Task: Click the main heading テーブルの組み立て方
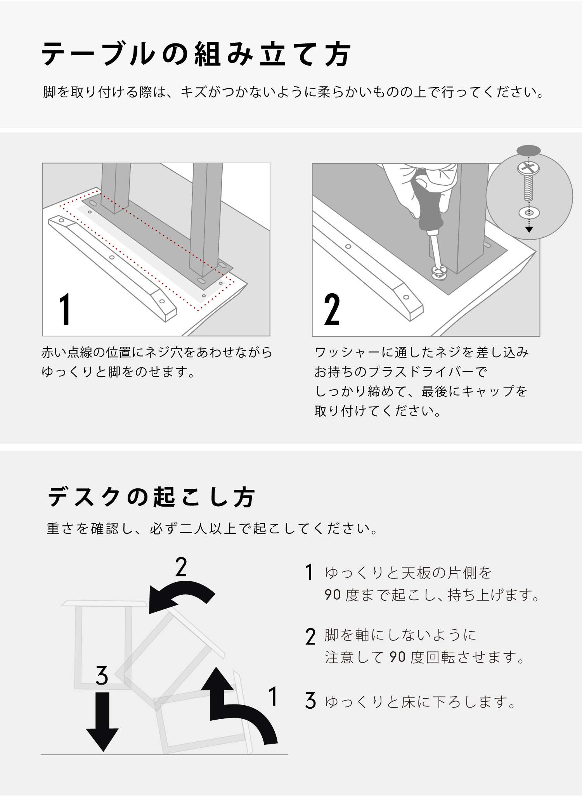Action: tap(196, 55)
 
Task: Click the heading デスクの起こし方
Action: tap(151, 497)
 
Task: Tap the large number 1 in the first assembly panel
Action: tap(65, 309)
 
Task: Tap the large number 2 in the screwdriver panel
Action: tap(332, 309)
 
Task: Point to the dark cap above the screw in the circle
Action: tap(528, 150)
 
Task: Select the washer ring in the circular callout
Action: tap(529, 213)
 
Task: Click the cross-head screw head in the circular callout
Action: tap(528, 168)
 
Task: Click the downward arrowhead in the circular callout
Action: tap(529, 230)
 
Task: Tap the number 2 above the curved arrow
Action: tap(181, 567)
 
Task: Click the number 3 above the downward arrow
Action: tap(102, 676)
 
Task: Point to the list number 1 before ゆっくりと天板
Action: tap(309, 573)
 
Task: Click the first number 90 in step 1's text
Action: tap(333, 595)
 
